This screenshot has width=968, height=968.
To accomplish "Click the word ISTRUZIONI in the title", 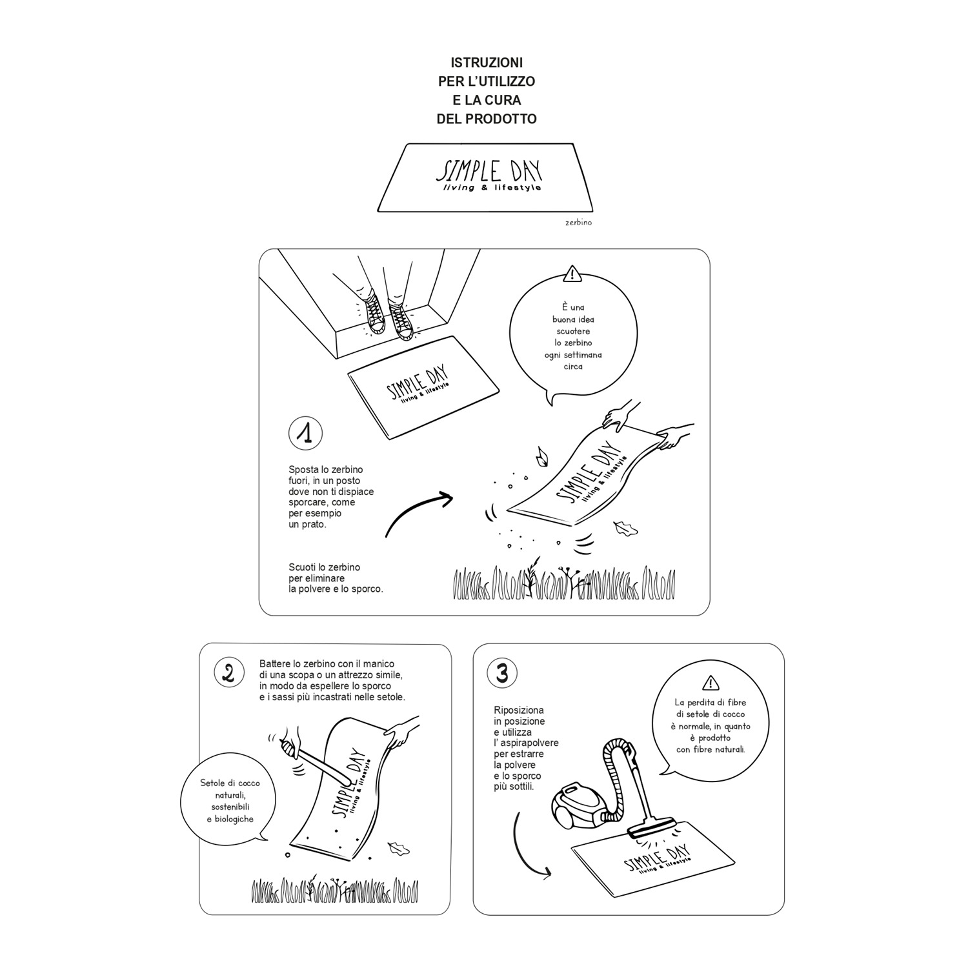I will pos(487,63).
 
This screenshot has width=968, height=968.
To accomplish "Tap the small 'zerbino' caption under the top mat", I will pos(578,223).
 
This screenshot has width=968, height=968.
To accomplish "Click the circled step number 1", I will pos(305,433).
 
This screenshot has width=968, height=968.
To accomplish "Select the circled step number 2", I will pos(228,673).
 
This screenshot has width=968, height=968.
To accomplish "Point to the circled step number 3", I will pos(502,673).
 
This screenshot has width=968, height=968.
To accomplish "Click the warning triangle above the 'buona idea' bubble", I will pos(572,274).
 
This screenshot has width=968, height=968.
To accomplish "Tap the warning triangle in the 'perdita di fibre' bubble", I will pos(710,683).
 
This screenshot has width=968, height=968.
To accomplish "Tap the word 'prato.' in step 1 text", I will pos(317,525).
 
